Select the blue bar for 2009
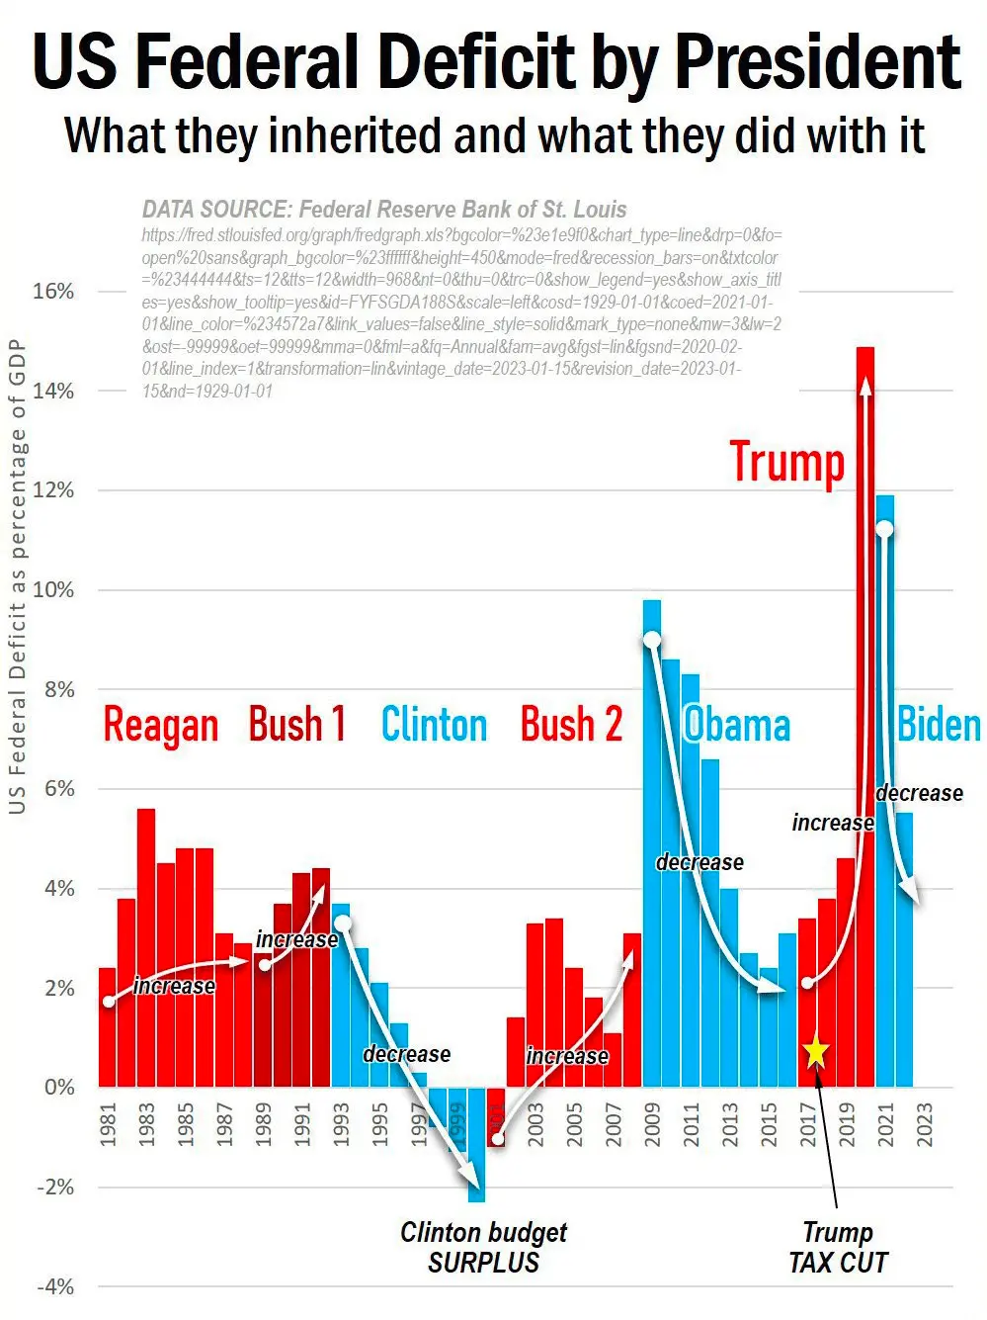tap(652, 840)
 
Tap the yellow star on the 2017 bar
tap(815, 1053)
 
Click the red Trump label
tap(787, 462)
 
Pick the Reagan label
tap(160, 725)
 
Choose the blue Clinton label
tap(434, 725)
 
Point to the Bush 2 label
tap(571, 725)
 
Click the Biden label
tap(939, 725)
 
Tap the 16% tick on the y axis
tap(54, 292)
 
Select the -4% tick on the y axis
tap(54, 1286)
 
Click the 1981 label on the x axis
tap(108, 1125)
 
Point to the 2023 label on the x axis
tap(925, 1125)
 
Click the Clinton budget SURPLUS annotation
tap(483, 1248)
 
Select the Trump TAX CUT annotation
tap(838, 1248)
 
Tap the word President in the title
tap(818, 61)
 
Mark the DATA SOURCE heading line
tap(384, 210)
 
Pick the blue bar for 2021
tap(885, 791)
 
